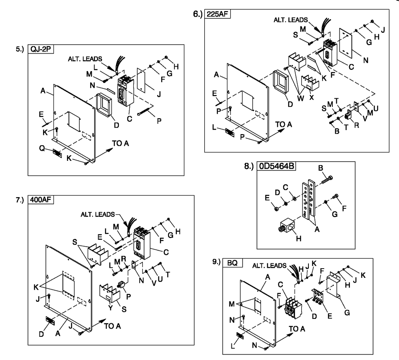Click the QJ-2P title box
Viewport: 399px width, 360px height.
(41, 49)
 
